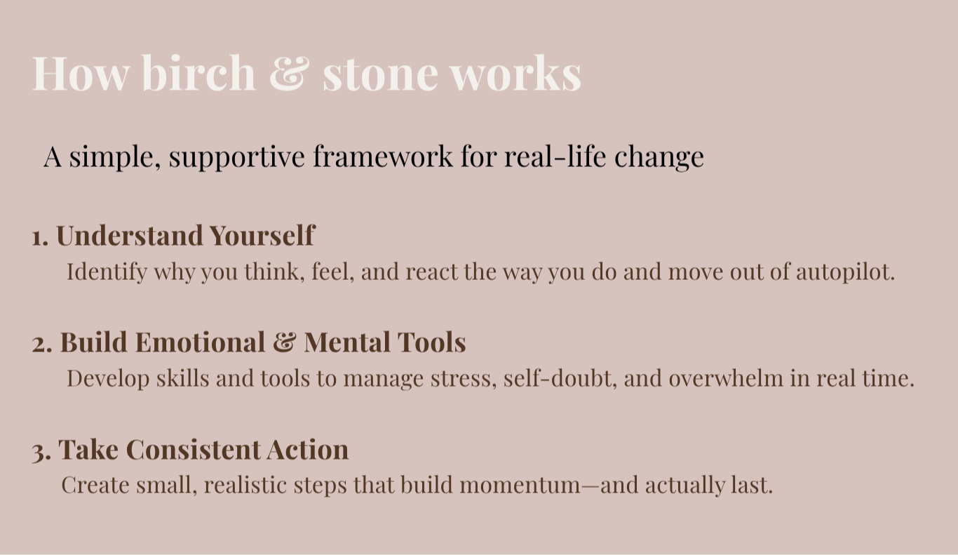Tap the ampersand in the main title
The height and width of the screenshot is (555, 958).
tap(289, 73)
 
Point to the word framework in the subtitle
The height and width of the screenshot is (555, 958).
tap(383, 156)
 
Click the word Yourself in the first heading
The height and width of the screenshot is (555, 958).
tap(262, 235)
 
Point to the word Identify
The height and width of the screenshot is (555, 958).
tap(107, 272)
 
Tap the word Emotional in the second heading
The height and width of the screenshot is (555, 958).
tap(201, 342)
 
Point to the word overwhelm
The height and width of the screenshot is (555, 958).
tap(726, 378)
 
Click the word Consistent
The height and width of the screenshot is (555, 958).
tap(194, 449)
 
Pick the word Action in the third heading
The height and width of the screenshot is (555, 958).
tap(308, 449)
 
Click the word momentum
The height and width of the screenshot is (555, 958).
tap(520, 486)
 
